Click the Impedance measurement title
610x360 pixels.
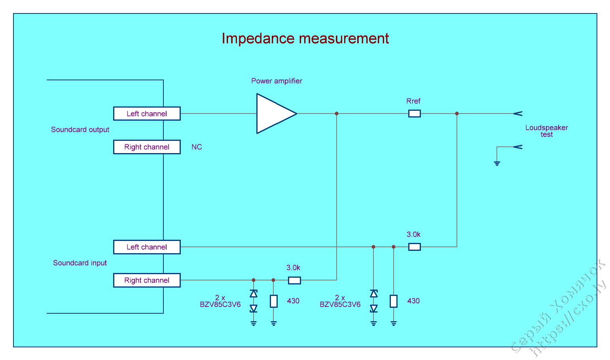click(305, 38)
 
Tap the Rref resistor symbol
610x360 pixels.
click(414, 114)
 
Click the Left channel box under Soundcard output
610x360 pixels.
click(147, 114)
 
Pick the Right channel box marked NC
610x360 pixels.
click(147, 147)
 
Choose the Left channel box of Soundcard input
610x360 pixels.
click(147, 247)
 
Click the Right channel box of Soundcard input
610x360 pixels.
click(147, 280)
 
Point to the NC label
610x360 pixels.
click(197, 147)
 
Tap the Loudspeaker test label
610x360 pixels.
click(546, 131)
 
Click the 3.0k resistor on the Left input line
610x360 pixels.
click(414, 247)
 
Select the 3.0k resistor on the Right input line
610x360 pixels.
click(294, 280)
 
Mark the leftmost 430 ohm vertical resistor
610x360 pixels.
click(273, 301)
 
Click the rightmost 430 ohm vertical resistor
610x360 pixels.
click(393, 301)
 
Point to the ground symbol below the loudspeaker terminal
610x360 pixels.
click(497, 163)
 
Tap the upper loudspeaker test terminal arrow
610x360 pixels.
click(518, 114)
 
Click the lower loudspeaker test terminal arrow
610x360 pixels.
click(518, 147)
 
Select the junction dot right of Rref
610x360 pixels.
click(457, 114)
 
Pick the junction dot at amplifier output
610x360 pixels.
click(337, 114)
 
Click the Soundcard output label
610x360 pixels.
click(80, 130)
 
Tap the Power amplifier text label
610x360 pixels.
click(277, 81)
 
